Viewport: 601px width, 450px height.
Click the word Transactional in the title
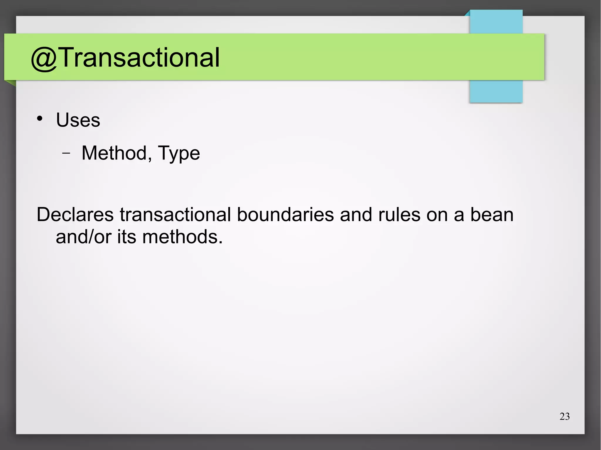point(140,57)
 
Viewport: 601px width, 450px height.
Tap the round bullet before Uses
point(40,119)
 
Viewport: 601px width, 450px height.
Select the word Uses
point(78,120)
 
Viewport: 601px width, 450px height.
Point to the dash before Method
point(66,153)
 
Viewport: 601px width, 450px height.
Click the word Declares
point(75,215)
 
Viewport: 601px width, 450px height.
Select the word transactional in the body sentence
point(175,215)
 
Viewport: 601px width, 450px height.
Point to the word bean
point(492,215)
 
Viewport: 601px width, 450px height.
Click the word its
point(127,237)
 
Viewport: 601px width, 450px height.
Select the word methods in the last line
point(182,237)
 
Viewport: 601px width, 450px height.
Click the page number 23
point(565,416)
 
